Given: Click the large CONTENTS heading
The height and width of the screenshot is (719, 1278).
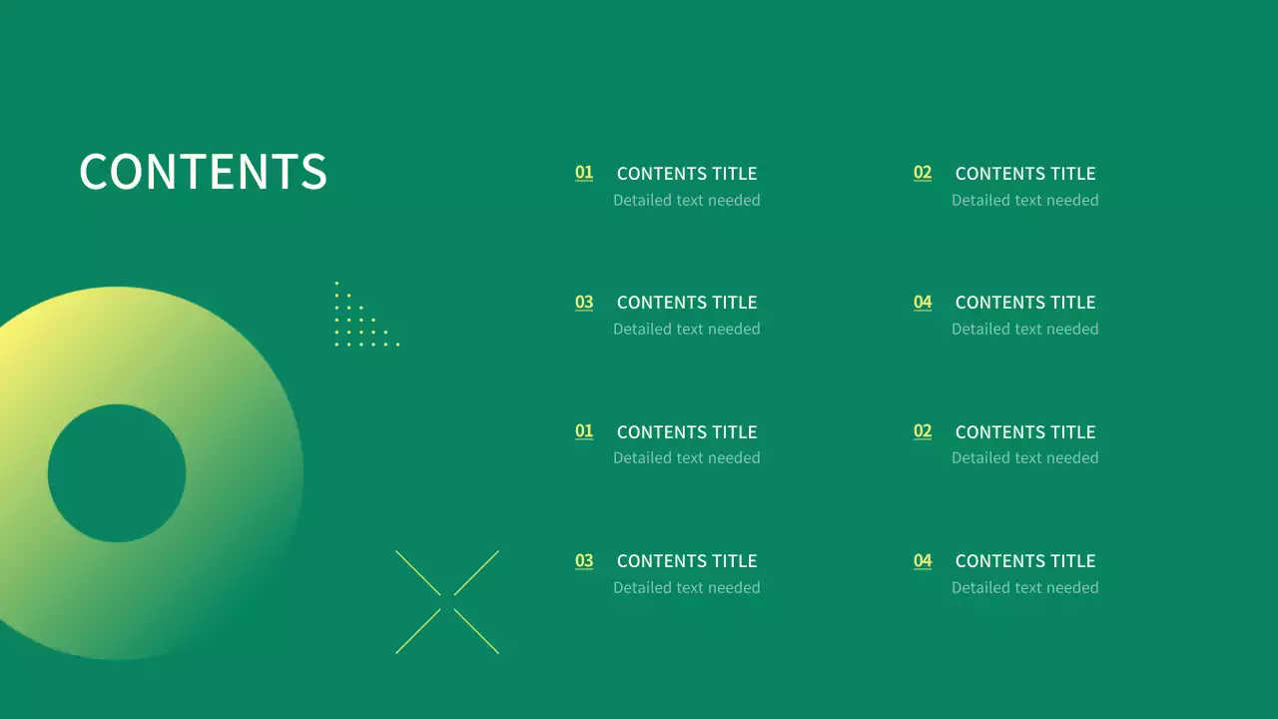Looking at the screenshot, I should coord(203,172).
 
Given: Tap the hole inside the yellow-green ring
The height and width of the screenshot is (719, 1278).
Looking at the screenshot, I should coord(117,473).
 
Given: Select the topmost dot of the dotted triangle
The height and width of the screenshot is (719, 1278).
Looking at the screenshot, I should coord(336,284).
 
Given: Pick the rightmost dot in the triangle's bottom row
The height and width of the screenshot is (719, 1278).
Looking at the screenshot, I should coord(397,345).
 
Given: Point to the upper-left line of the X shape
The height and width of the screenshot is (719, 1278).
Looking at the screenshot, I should coord(418,573).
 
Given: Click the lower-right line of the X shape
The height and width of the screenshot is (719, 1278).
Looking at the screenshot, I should coord(476,631).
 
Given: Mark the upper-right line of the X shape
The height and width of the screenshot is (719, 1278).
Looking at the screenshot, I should coord(476,573).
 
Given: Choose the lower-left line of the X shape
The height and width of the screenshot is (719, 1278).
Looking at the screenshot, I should coord(418,631).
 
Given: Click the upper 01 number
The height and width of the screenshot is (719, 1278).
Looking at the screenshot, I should coord(584,173).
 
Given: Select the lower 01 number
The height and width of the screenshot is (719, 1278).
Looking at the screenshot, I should coord(584,431).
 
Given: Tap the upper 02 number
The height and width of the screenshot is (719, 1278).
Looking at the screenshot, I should coord(923,173).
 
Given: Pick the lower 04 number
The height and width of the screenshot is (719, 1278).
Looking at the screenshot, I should coord(923,561).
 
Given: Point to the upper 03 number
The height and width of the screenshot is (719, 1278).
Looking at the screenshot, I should coord(584,303).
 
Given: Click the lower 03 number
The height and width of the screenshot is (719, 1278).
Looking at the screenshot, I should coord(584,561).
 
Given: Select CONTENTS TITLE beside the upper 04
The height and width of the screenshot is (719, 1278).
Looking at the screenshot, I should coord(1025,303).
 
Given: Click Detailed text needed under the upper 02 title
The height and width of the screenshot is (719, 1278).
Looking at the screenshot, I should coord(1025,200).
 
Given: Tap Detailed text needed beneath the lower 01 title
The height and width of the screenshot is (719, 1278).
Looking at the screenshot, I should coord(687,457).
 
